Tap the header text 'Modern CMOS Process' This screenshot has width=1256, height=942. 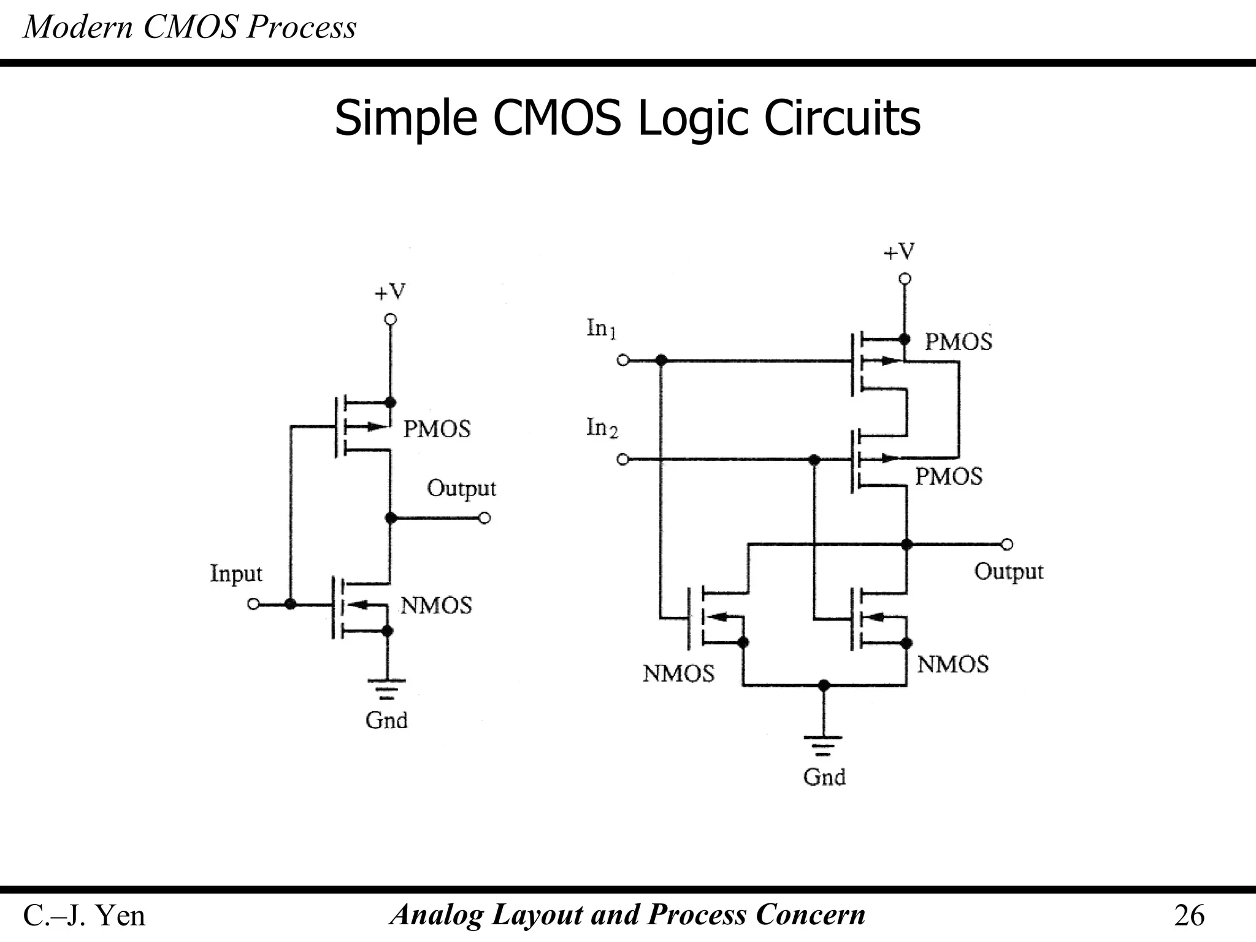point(190,28)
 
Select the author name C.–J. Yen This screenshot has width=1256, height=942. point(84,916)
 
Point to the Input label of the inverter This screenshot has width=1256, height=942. point(236,574)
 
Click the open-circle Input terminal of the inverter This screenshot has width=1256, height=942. point(253,604)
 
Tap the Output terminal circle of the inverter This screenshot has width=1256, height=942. point(484,519)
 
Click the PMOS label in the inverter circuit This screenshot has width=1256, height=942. point(437,429)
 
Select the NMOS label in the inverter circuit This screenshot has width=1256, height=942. point(436,606)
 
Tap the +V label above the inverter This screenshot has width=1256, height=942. point(390,293)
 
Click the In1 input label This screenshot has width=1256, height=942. point(601,329)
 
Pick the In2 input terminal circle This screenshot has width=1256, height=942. point(622,459)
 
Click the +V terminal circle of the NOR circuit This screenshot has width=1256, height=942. point(905,279)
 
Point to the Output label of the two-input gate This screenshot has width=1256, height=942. point(1008,572)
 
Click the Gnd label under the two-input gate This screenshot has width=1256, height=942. point(824,778)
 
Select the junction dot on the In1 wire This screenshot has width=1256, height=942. point(661,361)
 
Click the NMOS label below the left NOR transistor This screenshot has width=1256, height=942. point(678,674)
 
